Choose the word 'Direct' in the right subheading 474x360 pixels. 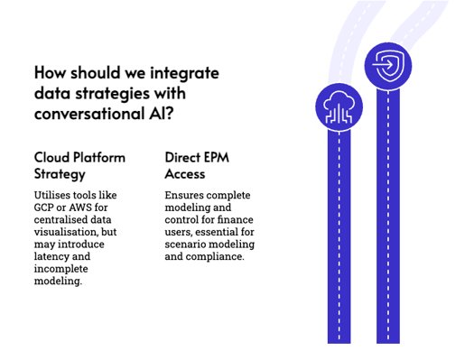[183, 157]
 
